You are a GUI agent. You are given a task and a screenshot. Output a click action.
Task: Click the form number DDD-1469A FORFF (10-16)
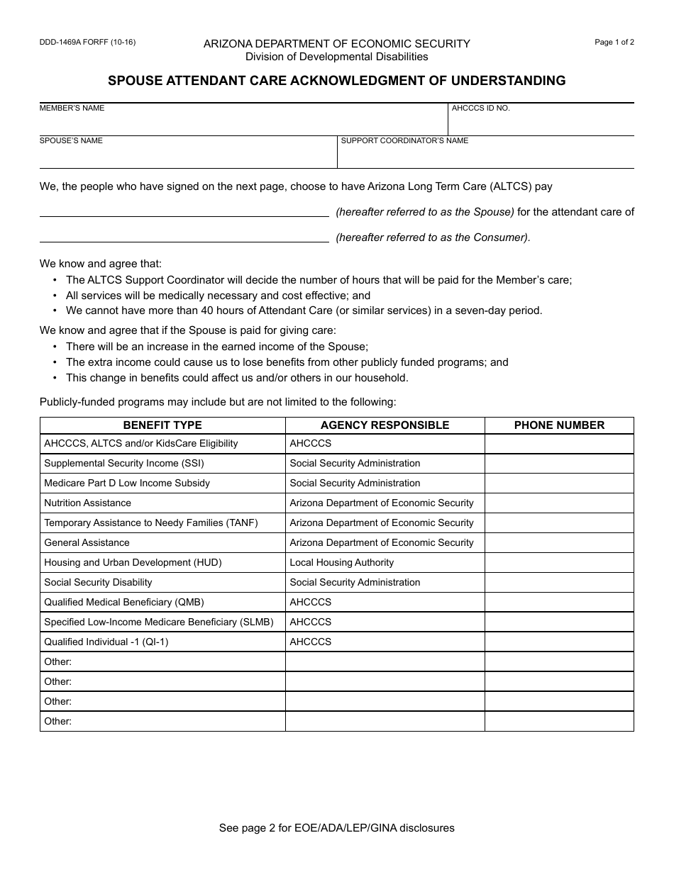click(x=87, y=42)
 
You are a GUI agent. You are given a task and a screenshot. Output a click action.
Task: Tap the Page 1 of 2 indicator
click(x=614, y=42)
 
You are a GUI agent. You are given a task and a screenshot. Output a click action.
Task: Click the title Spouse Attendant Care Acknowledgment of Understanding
click(x=336, y=81)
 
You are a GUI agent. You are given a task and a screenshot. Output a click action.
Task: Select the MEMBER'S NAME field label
click(x=72, y=108)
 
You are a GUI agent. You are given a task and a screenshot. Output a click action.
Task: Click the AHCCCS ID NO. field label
click(x=480, y=108)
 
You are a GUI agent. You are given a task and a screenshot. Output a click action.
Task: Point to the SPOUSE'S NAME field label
click(x=71, y=141)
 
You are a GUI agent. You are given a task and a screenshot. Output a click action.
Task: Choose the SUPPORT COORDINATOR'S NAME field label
click(x=404, y=141)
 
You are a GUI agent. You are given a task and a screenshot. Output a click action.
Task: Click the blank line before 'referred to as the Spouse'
click(x=184, y=211)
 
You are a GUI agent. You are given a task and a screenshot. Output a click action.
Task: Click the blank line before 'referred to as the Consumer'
click(x=184, y=237)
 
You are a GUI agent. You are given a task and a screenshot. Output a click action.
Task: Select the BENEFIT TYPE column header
click(x=162, y=425)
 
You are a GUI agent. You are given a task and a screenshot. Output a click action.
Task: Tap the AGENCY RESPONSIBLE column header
click(x=385, y=425)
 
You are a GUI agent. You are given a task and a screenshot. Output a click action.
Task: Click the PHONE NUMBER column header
click(x=559, y=425)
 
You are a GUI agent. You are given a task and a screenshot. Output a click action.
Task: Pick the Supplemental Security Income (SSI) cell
click(x=124, y=464)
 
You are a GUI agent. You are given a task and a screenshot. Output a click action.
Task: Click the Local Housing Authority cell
click(x=341, y=563)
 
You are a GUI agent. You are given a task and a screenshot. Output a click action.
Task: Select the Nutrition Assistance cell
click(x=87, y=503)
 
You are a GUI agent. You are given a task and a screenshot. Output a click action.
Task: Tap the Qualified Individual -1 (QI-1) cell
click(x=106, y=642)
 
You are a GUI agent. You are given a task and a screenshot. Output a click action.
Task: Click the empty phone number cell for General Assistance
click(x=559, y=543)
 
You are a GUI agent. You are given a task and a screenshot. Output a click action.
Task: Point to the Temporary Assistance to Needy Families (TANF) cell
click(x=151, y=523)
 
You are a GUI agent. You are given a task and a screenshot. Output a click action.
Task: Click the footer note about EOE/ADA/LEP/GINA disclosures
click(x=336, y=828)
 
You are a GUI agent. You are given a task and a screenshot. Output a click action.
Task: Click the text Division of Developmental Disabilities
click(x=336, y=57)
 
